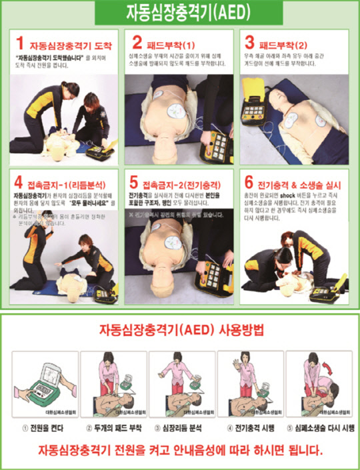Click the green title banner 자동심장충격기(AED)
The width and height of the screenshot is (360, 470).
179,13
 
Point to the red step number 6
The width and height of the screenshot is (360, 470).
248,180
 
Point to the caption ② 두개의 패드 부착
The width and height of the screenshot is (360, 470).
110,427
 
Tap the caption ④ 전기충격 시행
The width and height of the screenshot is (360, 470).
248,427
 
